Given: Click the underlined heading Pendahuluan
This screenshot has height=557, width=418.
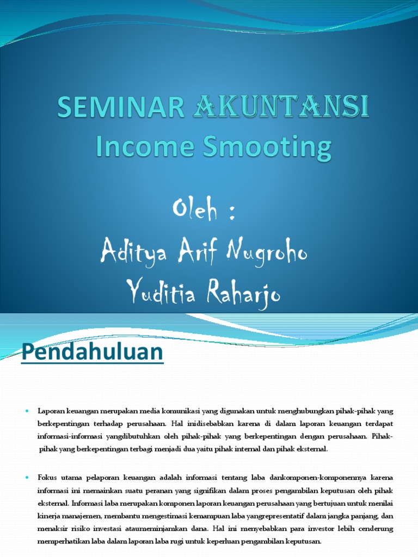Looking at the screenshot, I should [x=92, y=353].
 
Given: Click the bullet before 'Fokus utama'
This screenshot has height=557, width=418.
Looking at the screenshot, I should [x=27, y=477].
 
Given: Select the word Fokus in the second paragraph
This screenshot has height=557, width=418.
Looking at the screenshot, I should [x=48, y=477].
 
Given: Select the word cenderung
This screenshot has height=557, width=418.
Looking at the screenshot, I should [x=372, y=528].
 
